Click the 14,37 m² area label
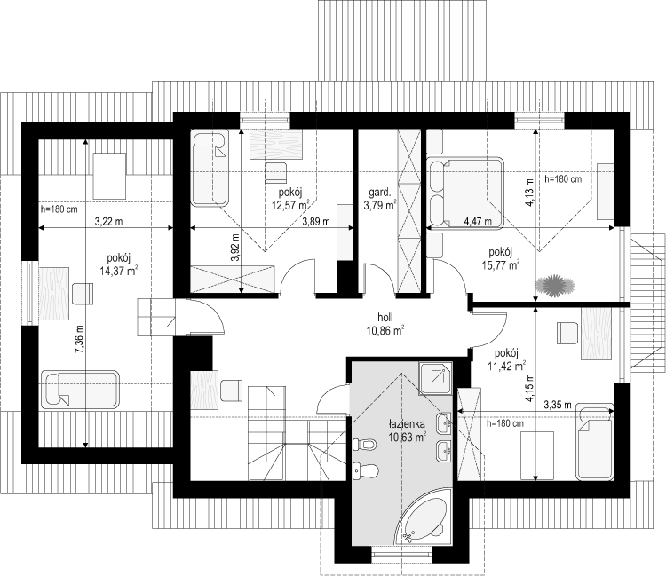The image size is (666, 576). [118, 271]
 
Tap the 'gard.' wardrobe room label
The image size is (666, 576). [380, 193]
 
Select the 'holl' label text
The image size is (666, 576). [385, 317]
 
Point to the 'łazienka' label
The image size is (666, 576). [407, 423]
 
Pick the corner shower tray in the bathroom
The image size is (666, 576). [435, 378]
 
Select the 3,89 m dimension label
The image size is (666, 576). [316, 221]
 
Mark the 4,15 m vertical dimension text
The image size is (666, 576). [529, 388]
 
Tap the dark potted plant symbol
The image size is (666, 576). [555, 286]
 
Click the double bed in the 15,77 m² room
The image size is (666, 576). [466, 193]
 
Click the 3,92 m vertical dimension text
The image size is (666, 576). [235, 248]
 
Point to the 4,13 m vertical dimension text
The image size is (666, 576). [529, 193]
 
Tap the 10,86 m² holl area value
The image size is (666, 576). [385, 331]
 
